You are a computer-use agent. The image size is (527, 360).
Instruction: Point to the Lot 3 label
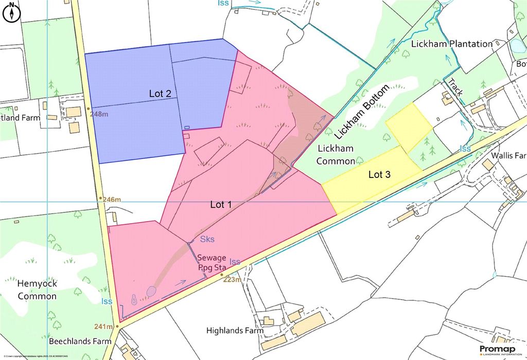[380, 175]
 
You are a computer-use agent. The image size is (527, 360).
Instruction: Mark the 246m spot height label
[111, 199]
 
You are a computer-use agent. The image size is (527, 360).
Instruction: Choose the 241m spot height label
[103, 327]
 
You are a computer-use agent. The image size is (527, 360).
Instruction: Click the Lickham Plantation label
[452, 44]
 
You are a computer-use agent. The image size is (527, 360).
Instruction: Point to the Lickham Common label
[336, 155]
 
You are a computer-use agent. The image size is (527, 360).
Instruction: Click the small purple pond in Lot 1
[151, 292]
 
